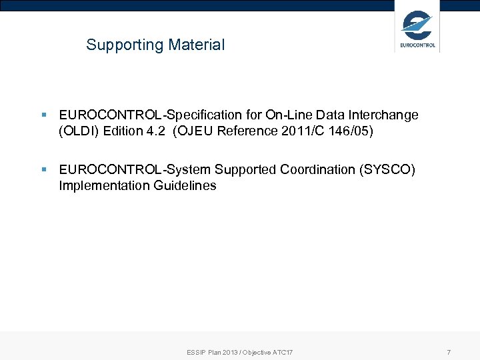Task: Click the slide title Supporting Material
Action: click(x=155, y=45)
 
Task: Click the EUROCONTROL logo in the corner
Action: click(x=417, y=29)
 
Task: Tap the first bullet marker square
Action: click(x=43, y=115)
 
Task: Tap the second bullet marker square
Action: click(x=43, y=170)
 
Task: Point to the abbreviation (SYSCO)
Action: click(x=387, y=170)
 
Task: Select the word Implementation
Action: click(x=103, y=186)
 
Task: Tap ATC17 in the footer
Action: click(x=283, y=352)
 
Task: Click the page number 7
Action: click(x=449, y=351)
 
